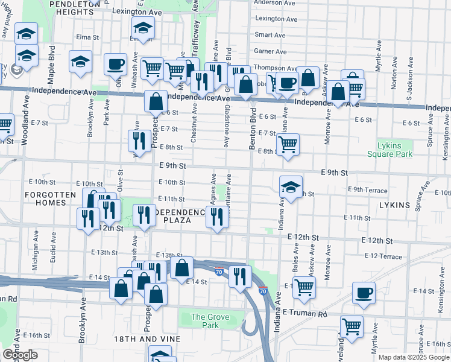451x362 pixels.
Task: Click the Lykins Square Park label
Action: point(389,150)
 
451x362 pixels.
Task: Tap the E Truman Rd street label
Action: point(304,313)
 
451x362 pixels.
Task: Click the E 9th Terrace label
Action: point(367,189)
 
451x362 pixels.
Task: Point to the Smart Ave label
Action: point(270,35)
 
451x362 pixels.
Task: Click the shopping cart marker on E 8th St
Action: point(288,144)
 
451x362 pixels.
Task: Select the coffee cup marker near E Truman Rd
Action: point(364,293)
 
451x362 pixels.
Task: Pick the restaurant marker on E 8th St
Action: point(139,141)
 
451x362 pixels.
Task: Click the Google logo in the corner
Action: point(19,355)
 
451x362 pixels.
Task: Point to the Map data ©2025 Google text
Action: point(414,357)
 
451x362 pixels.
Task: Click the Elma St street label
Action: point(87,37)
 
